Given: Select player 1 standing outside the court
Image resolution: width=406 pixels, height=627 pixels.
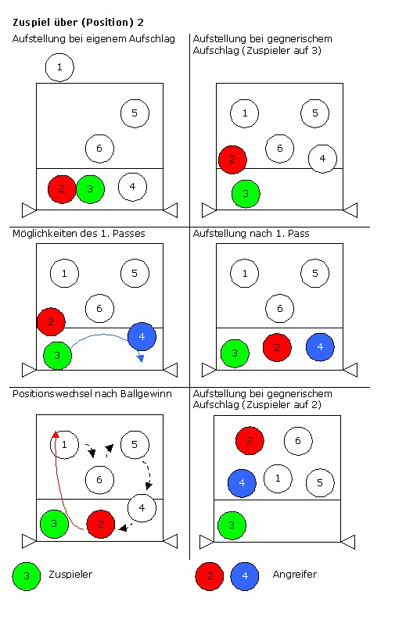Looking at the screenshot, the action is pyautogui.click(x=59, y=67).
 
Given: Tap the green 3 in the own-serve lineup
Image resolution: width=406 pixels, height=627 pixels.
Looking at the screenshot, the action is pyautogui.click(x=90, y=189).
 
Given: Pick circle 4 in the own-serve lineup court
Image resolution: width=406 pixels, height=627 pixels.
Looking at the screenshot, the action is pyautogui.click(x=132, y=187).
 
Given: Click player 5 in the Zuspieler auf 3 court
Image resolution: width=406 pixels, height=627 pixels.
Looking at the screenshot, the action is pyautogui.click(x=314, y=113).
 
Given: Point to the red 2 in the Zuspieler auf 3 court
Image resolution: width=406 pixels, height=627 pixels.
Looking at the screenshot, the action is pyautogui.click(x=232, y=159).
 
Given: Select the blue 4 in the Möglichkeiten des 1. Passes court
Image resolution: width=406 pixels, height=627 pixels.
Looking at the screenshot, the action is pyautogui.click(x=142, y=337).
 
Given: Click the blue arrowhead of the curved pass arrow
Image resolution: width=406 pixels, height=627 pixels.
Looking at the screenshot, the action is pyautogui.click(x=140, y=358).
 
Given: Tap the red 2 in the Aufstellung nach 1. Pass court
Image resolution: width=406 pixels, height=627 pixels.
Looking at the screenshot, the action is pyautogui.click(x=277, y=347).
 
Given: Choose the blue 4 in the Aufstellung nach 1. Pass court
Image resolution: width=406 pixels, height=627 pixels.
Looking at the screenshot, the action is pyautogui.click(x=320, y=347).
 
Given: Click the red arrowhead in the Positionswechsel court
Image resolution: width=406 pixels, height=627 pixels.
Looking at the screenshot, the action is pyautogui.click(x=56, y=434).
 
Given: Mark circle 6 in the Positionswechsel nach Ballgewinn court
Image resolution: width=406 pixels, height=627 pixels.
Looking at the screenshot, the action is pyautogui.click(x=99, y=480).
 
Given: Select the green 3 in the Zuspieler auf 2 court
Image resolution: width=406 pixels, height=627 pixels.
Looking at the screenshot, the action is pyautogui.click(x=232, y=525).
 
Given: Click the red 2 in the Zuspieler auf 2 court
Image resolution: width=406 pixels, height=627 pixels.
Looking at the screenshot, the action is pyautogui.click(x=250, y=441).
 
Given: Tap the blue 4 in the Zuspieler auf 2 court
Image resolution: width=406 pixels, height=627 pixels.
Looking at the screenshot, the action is pyautogui.click(x=242, y=483).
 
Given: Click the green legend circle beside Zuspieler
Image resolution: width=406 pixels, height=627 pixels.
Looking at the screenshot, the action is pyautogui.click(x=27, y=576).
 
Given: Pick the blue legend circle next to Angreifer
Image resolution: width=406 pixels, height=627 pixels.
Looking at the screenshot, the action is pyautogui.click(x=245, y=576).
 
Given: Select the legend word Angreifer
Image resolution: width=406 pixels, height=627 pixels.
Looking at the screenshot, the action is pyautogui.click(x=294, y=575).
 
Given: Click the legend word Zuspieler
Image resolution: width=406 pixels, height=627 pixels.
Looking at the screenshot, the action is pyautogui.click(x=70, y=575).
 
